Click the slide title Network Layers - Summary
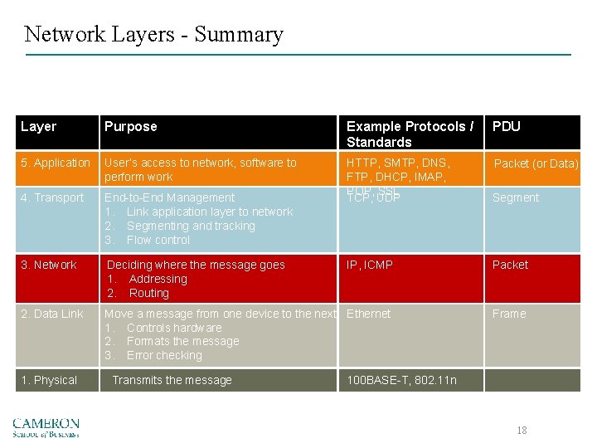point(153,35)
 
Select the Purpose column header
point(130,127)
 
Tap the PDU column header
point(507,127)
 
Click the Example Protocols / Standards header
point(410,134)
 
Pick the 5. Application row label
point(56,163)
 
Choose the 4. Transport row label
point(52,197)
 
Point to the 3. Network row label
point(49,265)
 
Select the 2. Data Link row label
point(52,314)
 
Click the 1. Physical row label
point(49,380)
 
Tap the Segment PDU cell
point(516,197)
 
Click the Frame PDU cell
point(509,314)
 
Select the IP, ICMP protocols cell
point(370,265)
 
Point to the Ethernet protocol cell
point(368,314)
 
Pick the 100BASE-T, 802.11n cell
point(401,380)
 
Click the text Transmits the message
point(172,380)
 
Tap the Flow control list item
point(158,240)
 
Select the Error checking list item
point(164,355)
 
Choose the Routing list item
point(148,293)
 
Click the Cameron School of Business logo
point(46,427)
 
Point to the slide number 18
point(522,430)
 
